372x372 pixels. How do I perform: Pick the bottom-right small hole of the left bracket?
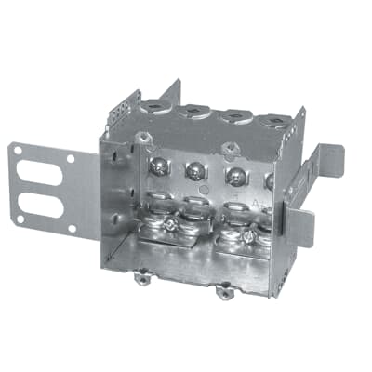point(71,224)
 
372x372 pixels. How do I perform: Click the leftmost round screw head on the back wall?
point(158,166)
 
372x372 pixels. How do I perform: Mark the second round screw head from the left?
point(196,170)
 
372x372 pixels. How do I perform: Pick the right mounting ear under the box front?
point(223,293)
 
